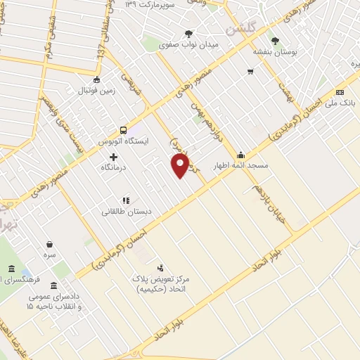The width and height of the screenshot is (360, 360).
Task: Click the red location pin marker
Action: pos(181,166)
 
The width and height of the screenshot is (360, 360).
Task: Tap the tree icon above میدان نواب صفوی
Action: pos(188,33)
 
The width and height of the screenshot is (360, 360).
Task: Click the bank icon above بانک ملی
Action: pos(340,92)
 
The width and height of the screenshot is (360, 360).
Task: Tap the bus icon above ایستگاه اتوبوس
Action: pos(124,129)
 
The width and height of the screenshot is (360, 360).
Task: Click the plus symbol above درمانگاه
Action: pos(113,155)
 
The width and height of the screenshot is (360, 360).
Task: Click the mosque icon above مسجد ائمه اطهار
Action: pos(240,155)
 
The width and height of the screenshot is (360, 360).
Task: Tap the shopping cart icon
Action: pos(250,72)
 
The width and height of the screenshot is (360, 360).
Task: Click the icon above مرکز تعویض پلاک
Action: pos(160,267)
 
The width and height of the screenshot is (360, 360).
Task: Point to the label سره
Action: pos(50,254)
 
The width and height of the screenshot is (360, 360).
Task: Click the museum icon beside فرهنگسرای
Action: pos(11,269)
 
